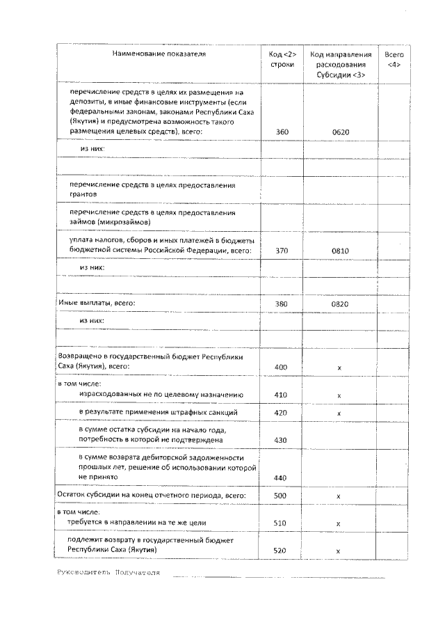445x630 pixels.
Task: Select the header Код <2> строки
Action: (282, 59)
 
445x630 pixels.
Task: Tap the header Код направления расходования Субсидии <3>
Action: (338, 64)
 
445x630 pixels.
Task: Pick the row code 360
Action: (282, 132)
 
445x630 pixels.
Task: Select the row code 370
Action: (282, 251)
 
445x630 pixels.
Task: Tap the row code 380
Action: (282, 304)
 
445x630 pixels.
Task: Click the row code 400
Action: (282, 366)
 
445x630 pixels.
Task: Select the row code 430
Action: (282, 441)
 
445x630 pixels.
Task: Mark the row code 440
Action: (282, 478)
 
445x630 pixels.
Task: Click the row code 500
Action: (282, 496)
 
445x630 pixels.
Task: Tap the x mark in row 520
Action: (338, 551)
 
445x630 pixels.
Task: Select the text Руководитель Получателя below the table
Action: (108, 572)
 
